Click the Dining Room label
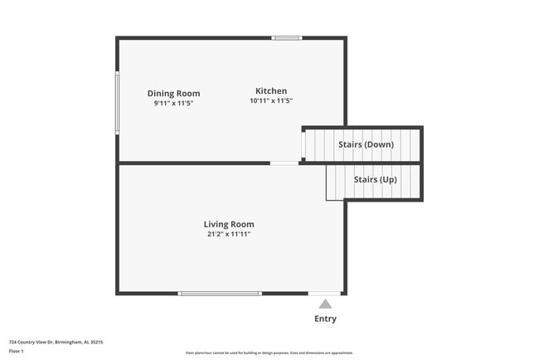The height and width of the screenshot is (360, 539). [173, 94]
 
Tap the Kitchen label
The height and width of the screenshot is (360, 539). [271, 91]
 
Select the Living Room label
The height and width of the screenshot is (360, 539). [229, 224]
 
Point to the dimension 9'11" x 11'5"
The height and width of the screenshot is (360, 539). [173, 105]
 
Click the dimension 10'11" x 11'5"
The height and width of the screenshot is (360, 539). [271, 101]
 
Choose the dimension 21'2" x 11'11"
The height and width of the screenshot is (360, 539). [229, 235]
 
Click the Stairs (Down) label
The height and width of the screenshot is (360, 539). [366, 144]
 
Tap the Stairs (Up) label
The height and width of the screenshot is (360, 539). [375, 179]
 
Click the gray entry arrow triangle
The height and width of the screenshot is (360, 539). [325, 304]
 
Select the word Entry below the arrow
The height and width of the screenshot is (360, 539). [325, 319]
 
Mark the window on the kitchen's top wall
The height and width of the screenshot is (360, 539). [287, 37]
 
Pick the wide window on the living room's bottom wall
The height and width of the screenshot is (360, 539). [220, 293]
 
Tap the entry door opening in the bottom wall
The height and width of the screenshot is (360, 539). [324, 293]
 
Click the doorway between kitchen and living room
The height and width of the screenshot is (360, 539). [284, 163]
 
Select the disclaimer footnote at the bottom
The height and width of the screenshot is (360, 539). [269, 353]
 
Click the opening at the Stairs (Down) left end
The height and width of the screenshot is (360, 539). [303, 145]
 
